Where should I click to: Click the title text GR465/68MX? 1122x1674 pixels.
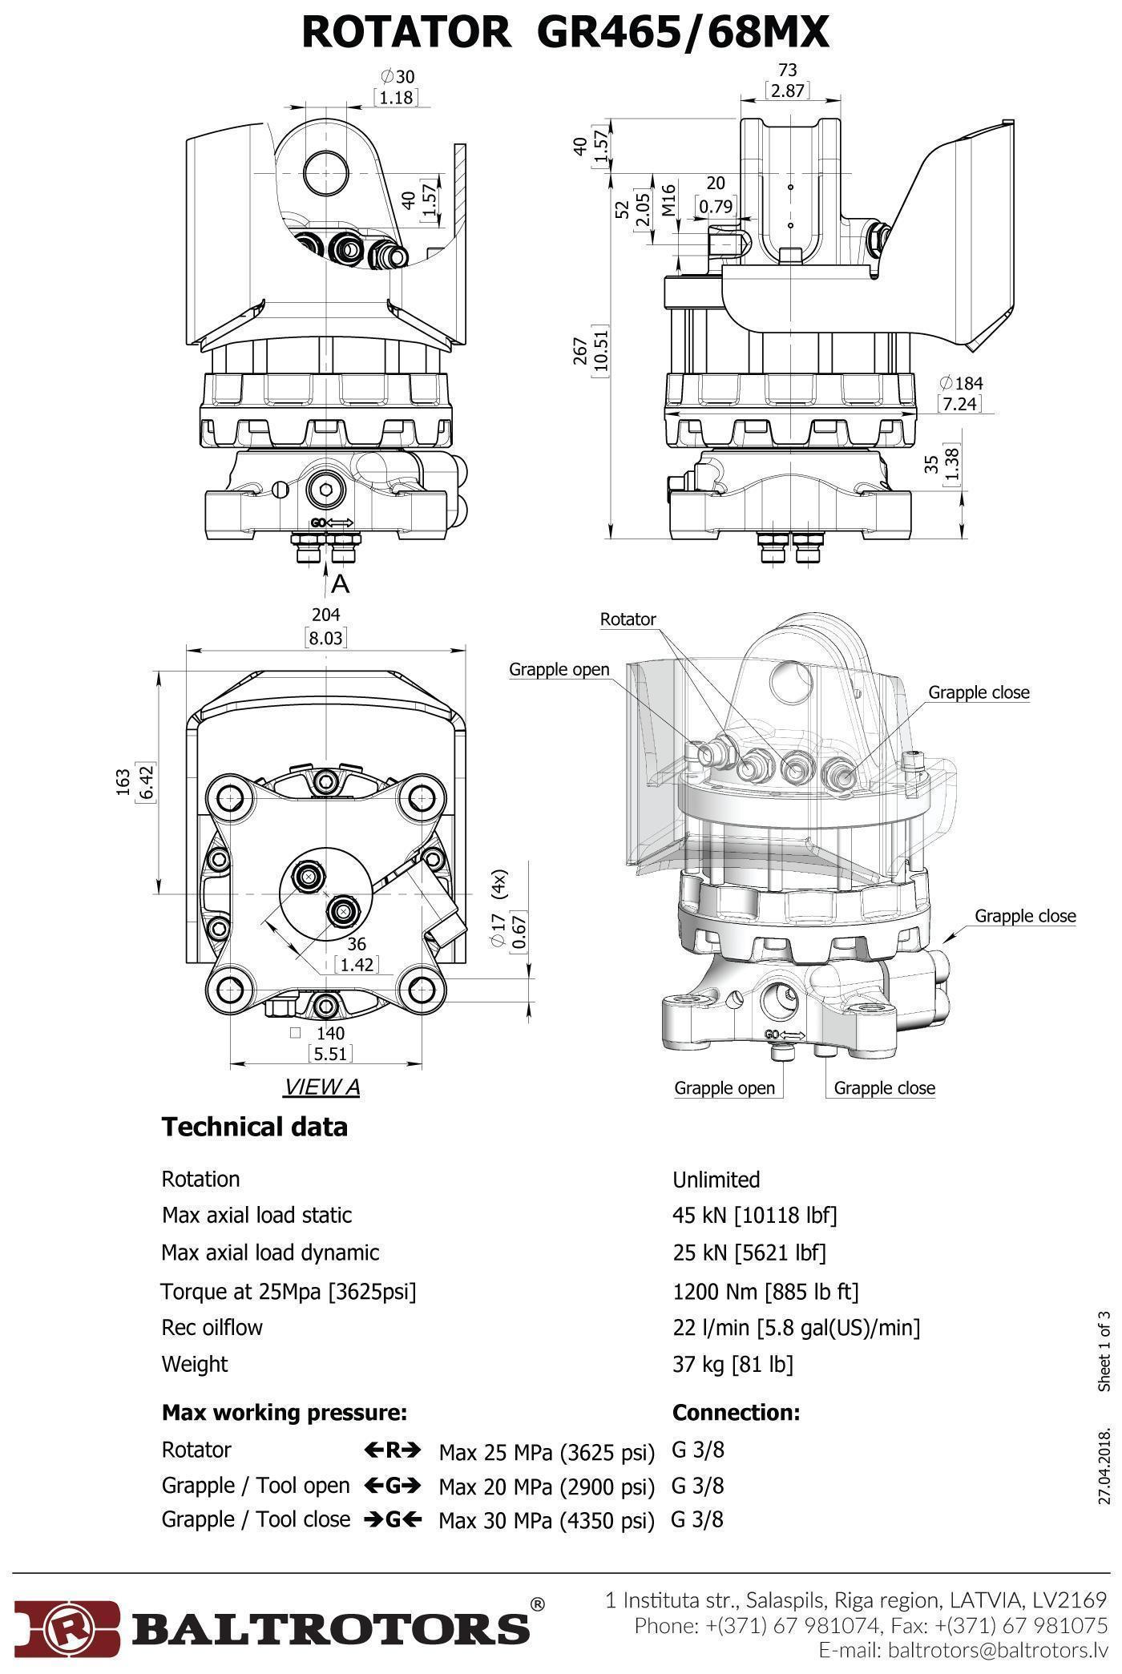682,34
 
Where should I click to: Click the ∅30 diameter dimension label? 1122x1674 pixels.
398,77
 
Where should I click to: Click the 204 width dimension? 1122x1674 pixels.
326,615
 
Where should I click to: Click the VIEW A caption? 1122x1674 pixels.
322,1087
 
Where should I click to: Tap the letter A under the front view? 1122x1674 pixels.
341,585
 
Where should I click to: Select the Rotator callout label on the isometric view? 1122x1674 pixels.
628,619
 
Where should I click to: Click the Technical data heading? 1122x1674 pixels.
255,1127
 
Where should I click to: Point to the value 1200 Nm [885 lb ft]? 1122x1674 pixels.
765,1291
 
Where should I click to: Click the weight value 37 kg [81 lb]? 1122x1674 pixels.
733,1364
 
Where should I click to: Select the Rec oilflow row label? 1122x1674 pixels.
212,1327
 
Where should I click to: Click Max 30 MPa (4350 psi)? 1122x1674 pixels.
547,1520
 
